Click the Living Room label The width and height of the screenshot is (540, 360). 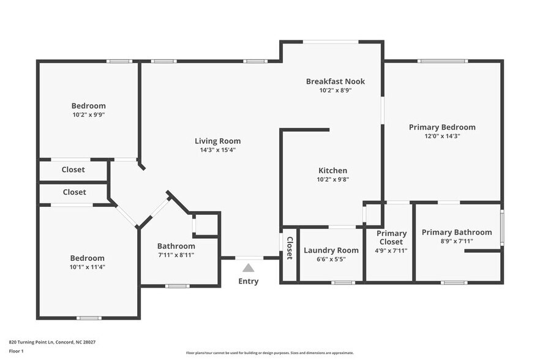click(217, 141)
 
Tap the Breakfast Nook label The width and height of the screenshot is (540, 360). click(335, 81)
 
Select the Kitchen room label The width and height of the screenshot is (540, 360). click(332, 170)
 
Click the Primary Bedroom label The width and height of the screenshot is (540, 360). click(442, 127)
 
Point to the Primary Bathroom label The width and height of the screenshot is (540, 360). click(456, 232)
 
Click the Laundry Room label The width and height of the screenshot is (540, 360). click(331, 250)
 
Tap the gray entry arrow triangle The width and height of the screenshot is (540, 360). click(248, 268)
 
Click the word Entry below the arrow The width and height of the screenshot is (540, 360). click(248, 282)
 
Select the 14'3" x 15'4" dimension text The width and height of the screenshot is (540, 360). click(217, 150)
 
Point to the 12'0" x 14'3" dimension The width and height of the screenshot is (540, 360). click(442, 136)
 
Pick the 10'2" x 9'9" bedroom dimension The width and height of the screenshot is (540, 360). click(88, 114)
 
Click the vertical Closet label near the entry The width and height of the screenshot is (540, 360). click(290, 248)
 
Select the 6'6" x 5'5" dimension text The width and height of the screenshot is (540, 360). click(331, 259)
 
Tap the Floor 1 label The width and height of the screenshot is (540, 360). click(16, 351)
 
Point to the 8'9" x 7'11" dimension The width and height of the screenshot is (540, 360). click(456, 241)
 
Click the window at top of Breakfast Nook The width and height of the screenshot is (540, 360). click(331, 42)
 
